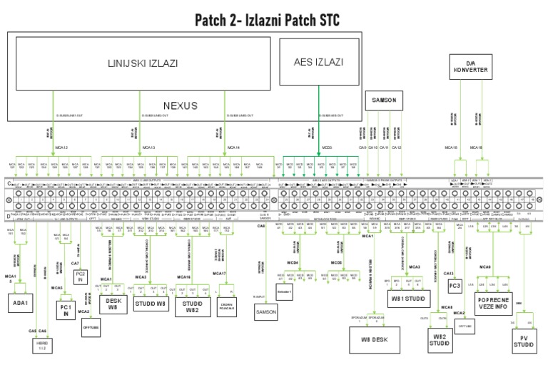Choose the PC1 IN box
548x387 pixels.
click(66, 310)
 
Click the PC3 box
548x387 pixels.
click(455, 285)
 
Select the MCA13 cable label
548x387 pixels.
click(149, 148)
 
